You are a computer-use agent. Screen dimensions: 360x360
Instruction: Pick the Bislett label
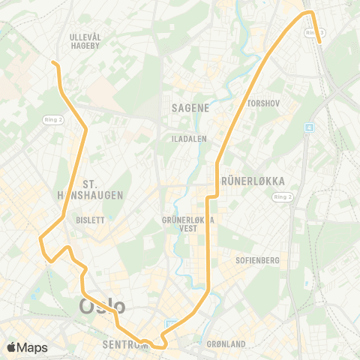(90, 220)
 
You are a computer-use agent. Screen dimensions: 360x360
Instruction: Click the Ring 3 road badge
(315, 32)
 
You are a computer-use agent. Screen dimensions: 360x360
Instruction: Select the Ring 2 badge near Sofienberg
(282, 196)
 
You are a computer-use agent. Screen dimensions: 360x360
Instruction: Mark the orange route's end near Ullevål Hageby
(53, 62)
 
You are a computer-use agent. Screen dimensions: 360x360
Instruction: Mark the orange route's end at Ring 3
(321, 43)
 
